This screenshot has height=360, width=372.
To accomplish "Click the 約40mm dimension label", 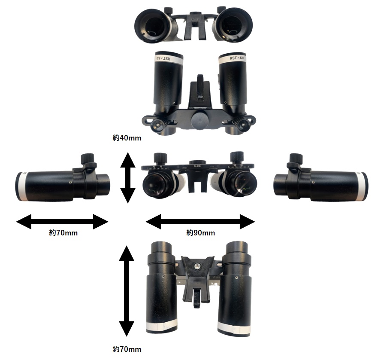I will tap(127, 138).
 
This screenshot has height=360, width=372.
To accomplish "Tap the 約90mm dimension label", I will tap(200, 233).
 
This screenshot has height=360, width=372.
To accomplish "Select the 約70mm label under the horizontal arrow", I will tap(63, 233).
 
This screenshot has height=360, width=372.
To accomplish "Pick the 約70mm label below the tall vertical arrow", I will tap(127, 349).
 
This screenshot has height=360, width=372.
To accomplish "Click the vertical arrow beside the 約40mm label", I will tap(127, 177).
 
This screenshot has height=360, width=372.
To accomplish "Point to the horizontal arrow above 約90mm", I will tap(200, 222).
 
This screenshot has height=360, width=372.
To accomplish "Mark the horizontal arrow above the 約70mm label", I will tap(62, 222).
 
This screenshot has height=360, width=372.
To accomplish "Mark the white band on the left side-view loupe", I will tap(20, 186).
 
